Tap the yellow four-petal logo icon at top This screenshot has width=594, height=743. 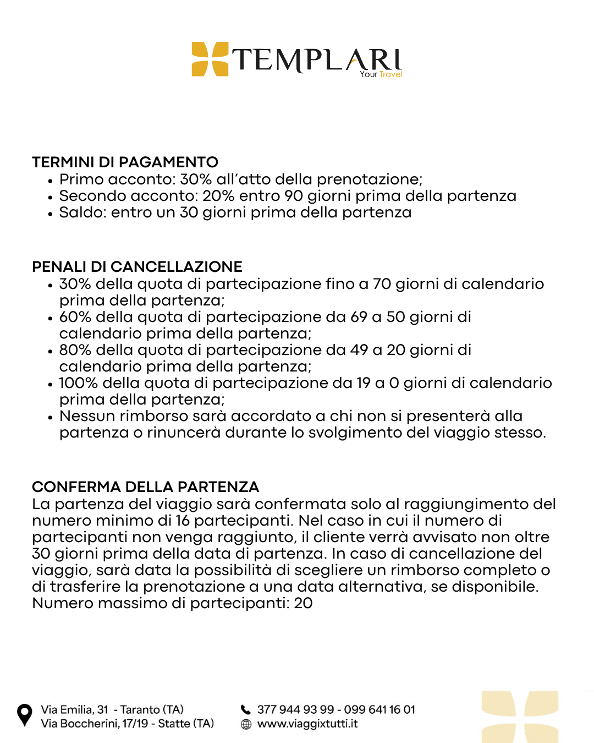[x=210, y=59]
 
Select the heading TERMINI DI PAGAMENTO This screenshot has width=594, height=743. [x=125, y=162]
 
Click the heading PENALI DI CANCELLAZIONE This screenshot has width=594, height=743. [x=137, y=267]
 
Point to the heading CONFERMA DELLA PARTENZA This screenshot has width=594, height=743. [x=145, y=487]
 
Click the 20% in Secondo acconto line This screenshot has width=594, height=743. [x=218, y=196]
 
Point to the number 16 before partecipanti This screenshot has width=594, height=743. [x=183, y=521]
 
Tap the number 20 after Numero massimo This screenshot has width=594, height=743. [x=303, y=603]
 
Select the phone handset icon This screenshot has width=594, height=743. [x=246, y=709]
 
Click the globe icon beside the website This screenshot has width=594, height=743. [x=246, y=724]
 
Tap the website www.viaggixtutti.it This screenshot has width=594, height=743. [x=307, y=724]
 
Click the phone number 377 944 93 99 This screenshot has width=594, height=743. [x=295, y=709]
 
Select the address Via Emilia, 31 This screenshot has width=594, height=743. [x=74, y=709]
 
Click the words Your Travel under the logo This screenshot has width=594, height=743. [x=381, y=74]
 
